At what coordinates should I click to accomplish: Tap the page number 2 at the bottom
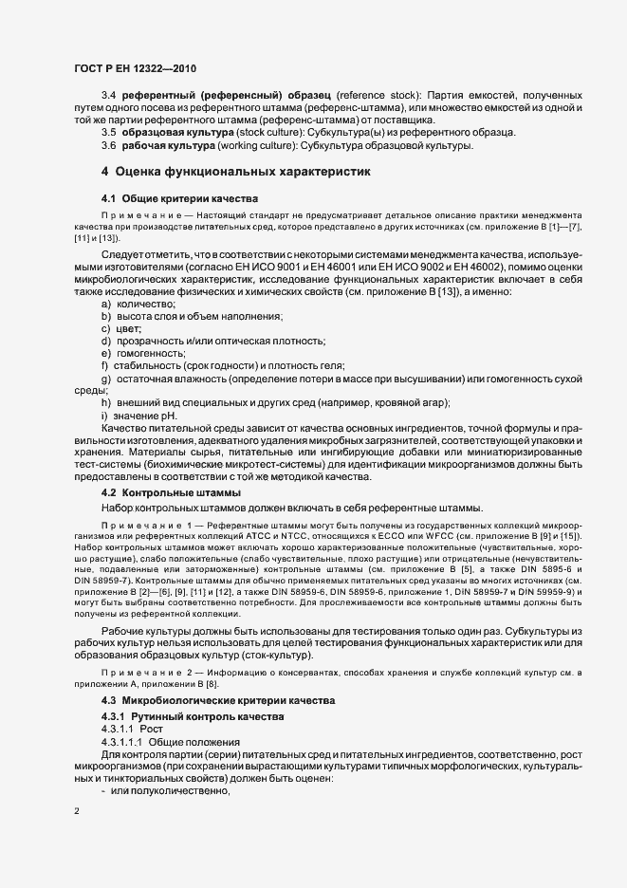[x=77, y=811]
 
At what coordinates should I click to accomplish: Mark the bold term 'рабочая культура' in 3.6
[x=166, y=147]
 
